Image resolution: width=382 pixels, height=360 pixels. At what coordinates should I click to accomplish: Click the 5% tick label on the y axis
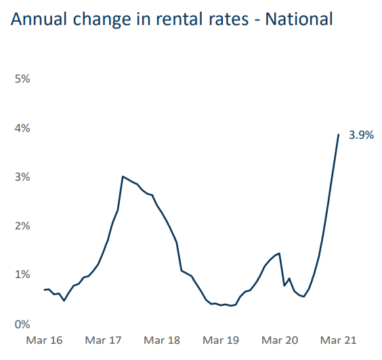(22, 79)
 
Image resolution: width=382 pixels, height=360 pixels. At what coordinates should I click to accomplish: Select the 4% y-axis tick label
(22, 128)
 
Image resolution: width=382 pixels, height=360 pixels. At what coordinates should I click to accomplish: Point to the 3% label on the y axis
(22, 177)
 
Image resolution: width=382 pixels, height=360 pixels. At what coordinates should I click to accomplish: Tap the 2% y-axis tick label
(22, 225)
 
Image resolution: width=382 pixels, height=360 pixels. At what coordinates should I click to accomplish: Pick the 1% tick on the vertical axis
(22, 275)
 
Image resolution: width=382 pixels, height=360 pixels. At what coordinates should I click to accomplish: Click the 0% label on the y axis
(22, 323)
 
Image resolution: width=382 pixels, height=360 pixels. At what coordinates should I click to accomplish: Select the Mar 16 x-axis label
(44, 340)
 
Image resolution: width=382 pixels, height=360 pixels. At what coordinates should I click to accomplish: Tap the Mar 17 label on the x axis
(103, 340)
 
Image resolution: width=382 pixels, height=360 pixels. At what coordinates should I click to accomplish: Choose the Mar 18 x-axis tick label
(162, 340)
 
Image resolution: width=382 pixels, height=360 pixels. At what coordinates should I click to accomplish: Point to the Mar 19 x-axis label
(221, 340)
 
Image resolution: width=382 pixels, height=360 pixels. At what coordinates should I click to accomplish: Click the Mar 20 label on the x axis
(280, 340)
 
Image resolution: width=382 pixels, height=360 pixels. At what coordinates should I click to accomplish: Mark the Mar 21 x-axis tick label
(338, 340)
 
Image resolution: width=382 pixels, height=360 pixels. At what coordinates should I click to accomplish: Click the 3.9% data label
(361, 135)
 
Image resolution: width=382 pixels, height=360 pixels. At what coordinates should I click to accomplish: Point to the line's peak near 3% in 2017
(123, 177)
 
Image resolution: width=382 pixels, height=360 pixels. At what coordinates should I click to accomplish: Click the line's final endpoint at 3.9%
(339, 134)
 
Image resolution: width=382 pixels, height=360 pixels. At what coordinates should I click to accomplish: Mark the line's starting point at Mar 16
(44, 290)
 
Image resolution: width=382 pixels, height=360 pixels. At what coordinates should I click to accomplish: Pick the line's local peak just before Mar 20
(279, 253)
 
